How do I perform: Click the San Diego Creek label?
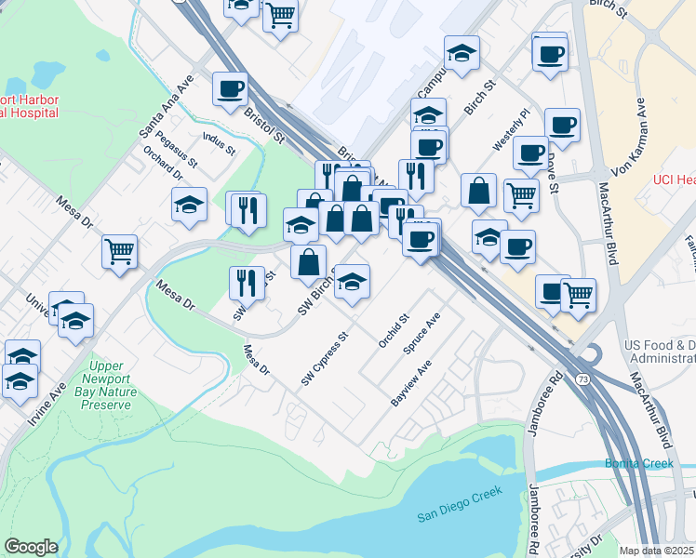pos(459,504)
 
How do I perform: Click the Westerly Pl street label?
pos(511,130)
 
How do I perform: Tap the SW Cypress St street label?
pos(324,360)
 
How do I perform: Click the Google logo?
pos(31,547)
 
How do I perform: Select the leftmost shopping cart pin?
pos(120,251)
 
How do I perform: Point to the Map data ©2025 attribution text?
pos(657,551)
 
